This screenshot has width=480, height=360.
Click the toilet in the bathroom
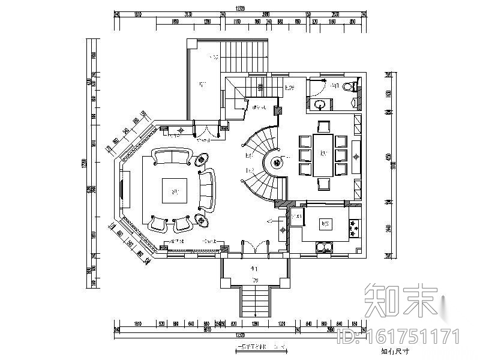pos(348,88)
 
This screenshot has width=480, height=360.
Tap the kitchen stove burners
pos(353,227)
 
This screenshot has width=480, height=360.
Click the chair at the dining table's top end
pos(323,127)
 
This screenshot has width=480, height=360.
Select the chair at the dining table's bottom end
pos(323,184)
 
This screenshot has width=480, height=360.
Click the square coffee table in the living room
pos(175,193)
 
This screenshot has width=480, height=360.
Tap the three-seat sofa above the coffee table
pos(173,157)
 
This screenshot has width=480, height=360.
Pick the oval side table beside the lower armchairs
pos(200,221)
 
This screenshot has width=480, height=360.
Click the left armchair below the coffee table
pos(158,224)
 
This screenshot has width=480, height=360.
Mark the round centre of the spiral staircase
pos(277,162)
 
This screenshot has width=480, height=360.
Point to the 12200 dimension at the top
pos(241,9)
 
